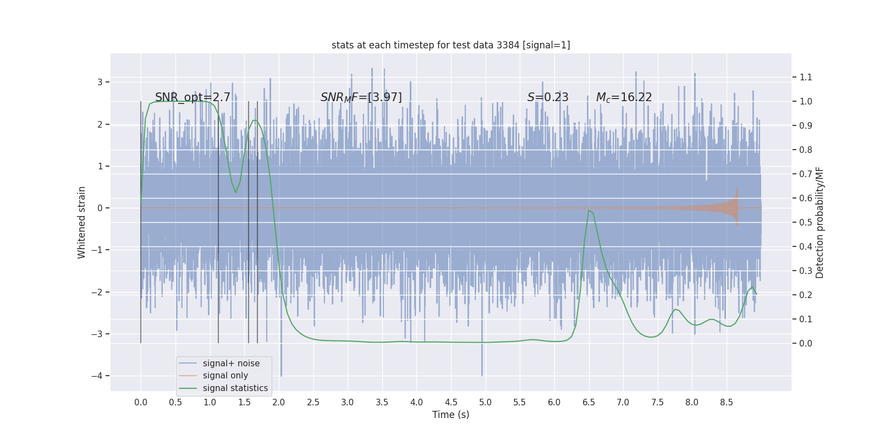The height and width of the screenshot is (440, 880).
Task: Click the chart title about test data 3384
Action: (450, 45)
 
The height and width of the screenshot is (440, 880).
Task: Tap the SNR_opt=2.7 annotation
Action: (193, 97)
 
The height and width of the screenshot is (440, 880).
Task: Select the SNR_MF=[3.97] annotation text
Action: (361, 97)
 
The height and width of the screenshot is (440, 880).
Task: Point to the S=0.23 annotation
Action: (548, 97)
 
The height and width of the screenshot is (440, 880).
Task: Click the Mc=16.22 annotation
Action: (624, 97)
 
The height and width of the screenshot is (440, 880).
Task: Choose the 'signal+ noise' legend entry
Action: (231, 364)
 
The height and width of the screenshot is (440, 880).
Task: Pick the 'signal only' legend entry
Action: (225, 376)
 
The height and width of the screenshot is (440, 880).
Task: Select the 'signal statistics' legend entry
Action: (235, 388)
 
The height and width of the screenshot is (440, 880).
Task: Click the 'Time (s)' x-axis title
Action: (450, 415)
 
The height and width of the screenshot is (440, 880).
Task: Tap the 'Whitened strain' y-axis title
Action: (82, 222)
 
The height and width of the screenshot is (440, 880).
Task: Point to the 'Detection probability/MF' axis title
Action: (820, 222)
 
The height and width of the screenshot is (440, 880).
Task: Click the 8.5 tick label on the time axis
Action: (726, 403)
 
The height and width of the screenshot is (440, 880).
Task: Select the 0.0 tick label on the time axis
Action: (141, 403)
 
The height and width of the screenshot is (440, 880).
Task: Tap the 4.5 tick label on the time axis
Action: (451, 403)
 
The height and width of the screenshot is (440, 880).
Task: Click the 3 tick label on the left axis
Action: (100, 82)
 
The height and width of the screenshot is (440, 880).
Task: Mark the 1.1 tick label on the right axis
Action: (806, 78)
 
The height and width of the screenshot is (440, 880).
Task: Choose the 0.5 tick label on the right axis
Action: (806, 223)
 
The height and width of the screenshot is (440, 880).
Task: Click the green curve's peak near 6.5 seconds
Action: (588, 211)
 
